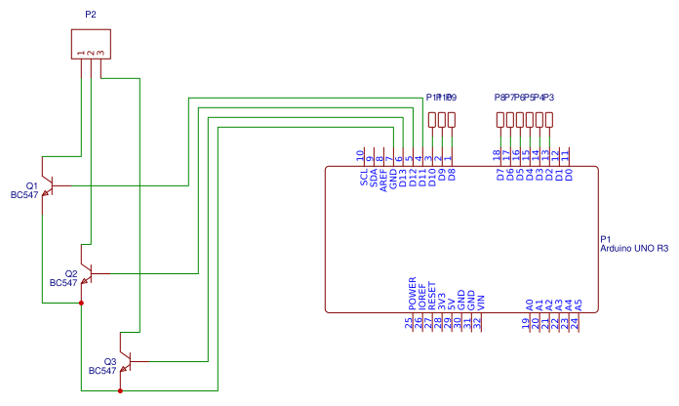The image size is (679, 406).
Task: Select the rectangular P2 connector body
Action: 91,44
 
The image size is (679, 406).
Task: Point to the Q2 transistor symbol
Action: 86,273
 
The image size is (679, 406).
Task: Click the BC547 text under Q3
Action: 102,372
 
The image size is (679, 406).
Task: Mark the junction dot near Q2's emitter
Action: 81,303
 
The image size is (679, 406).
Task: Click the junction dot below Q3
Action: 120,391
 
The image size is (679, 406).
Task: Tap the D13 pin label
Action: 402,179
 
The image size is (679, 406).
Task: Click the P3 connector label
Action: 548,98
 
